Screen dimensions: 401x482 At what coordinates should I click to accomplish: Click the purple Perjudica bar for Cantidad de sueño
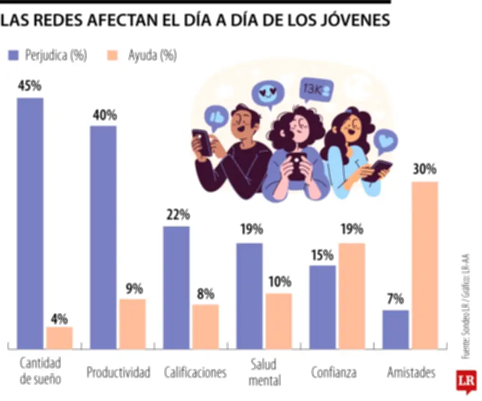tap(30, 223)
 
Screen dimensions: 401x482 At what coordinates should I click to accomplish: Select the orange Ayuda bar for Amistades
tap(424, 265)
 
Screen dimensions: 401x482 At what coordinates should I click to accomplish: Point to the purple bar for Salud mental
tap(249, 296)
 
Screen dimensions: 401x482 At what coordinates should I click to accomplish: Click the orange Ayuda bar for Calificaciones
tap(205, 326)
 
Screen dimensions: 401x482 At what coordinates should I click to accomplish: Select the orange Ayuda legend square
tap(112, 55)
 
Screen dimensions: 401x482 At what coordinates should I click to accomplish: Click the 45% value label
tap(30, 86)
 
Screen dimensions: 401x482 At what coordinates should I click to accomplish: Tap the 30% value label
tap(424, 170)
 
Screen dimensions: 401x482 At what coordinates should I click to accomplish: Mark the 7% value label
tap(395, 300)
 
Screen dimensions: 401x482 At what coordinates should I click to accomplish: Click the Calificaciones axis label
tap(195, 372)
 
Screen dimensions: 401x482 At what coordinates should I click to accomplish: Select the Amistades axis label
tap(411, 372)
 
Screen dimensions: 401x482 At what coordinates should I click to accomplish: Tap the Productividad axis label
tap(118, 372)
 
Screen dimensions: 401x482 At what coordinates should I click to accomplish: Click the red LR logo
tap(465, 383)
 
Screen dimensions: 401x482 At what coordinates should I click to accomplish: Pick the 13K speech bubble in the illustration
tap(315, 89)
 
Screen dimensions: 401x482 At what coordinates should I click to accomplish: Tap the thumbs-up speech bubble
tap(216, 117)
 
